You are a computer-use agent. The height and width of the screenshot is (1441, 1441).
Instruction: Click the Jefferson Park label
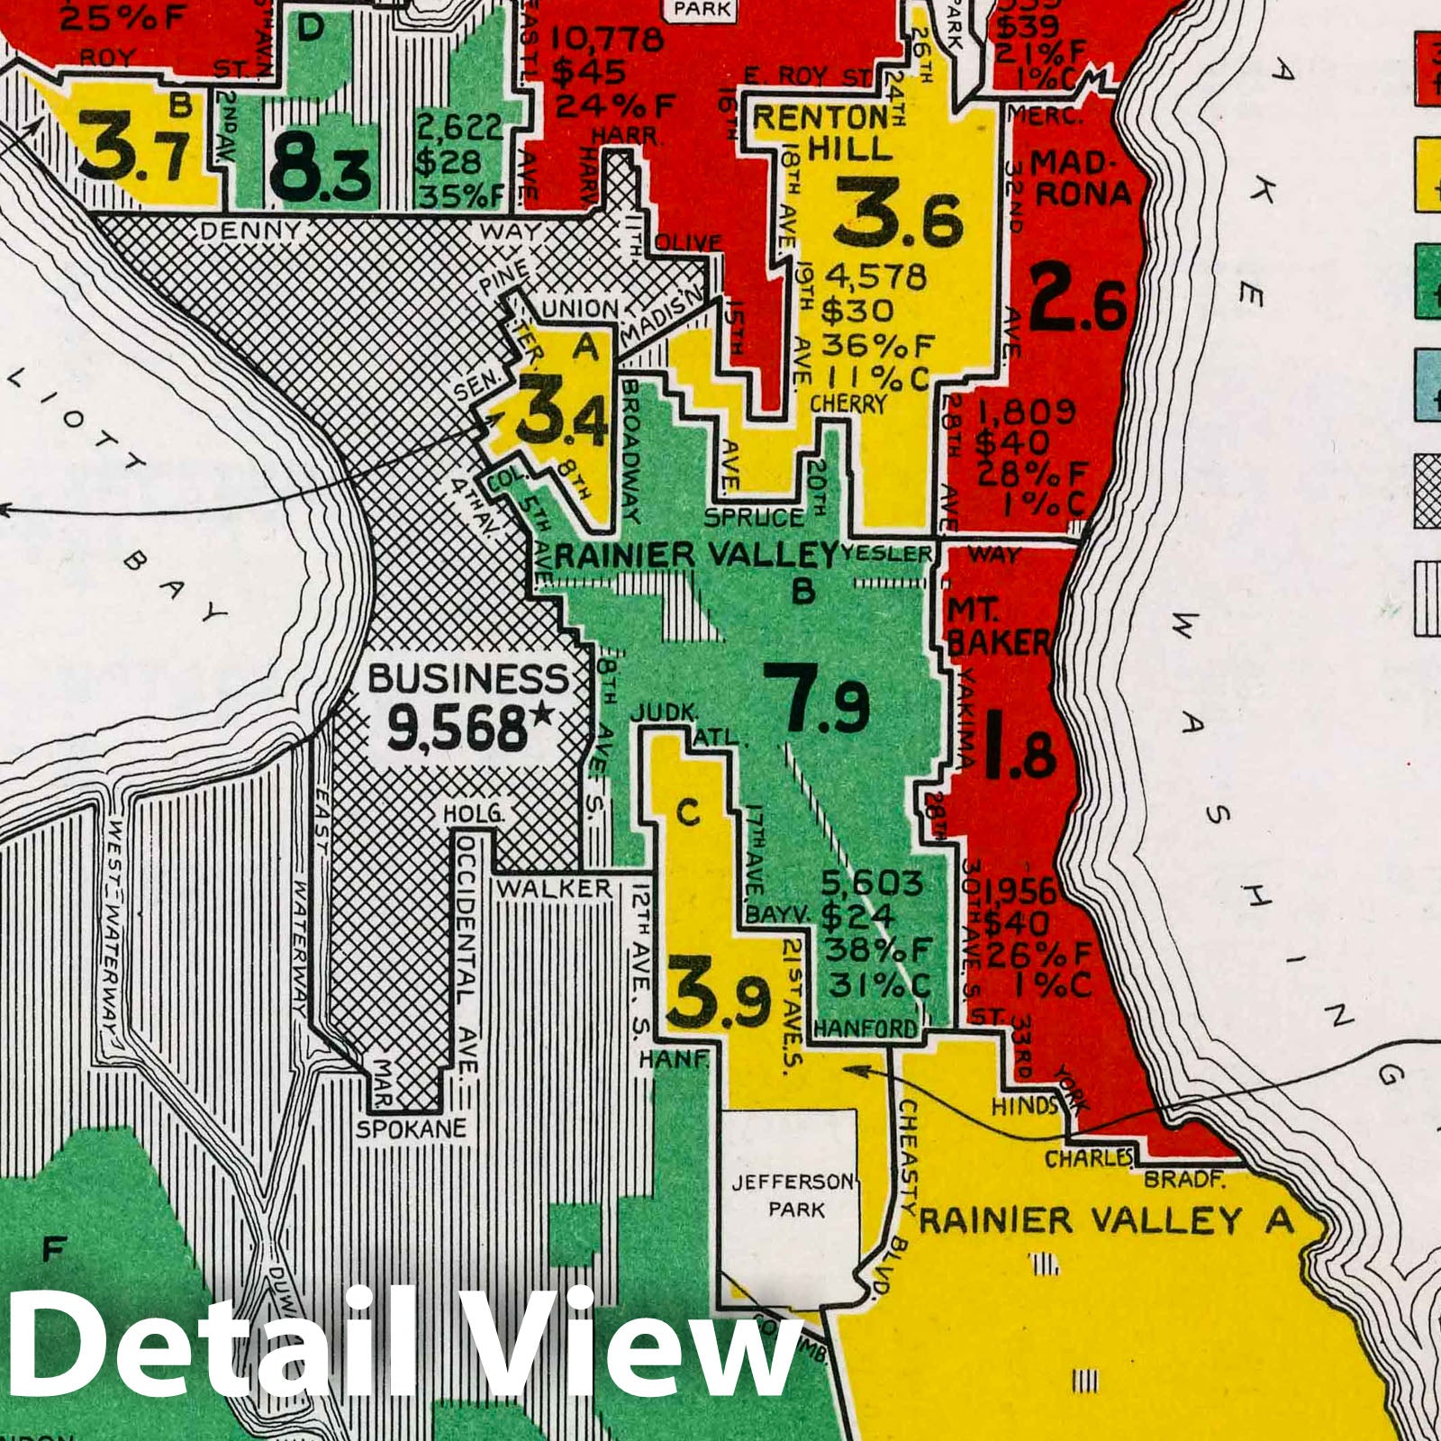point(791,1194)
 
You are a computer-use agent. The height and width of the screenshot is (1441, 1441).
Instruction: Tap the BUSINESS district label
point(468,678)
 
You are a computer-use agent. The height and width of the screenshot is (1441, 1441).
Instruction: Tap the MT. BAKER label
point(996,627)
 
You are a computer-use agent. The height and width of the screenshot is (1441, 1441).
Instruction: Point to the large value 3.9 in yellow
point(718,998)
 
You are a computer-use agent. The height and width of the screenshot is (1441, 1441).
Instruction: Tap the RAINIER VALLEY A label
point(1106,1221)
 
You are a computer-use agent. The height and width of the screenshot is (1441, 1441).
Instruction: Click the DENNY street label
point(250,231)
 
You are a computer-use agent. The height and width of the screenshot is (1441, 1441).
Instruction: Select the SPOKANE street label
point(412,1128)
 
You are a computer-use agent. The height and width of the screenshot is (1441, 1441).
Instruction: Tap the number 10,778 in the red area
point(606,41)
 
